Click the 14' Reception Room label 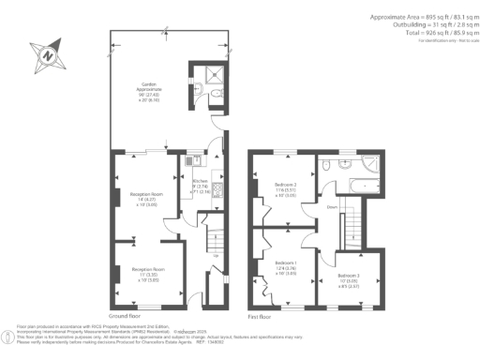point(141,199)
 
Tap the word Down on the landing point(331,207)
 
